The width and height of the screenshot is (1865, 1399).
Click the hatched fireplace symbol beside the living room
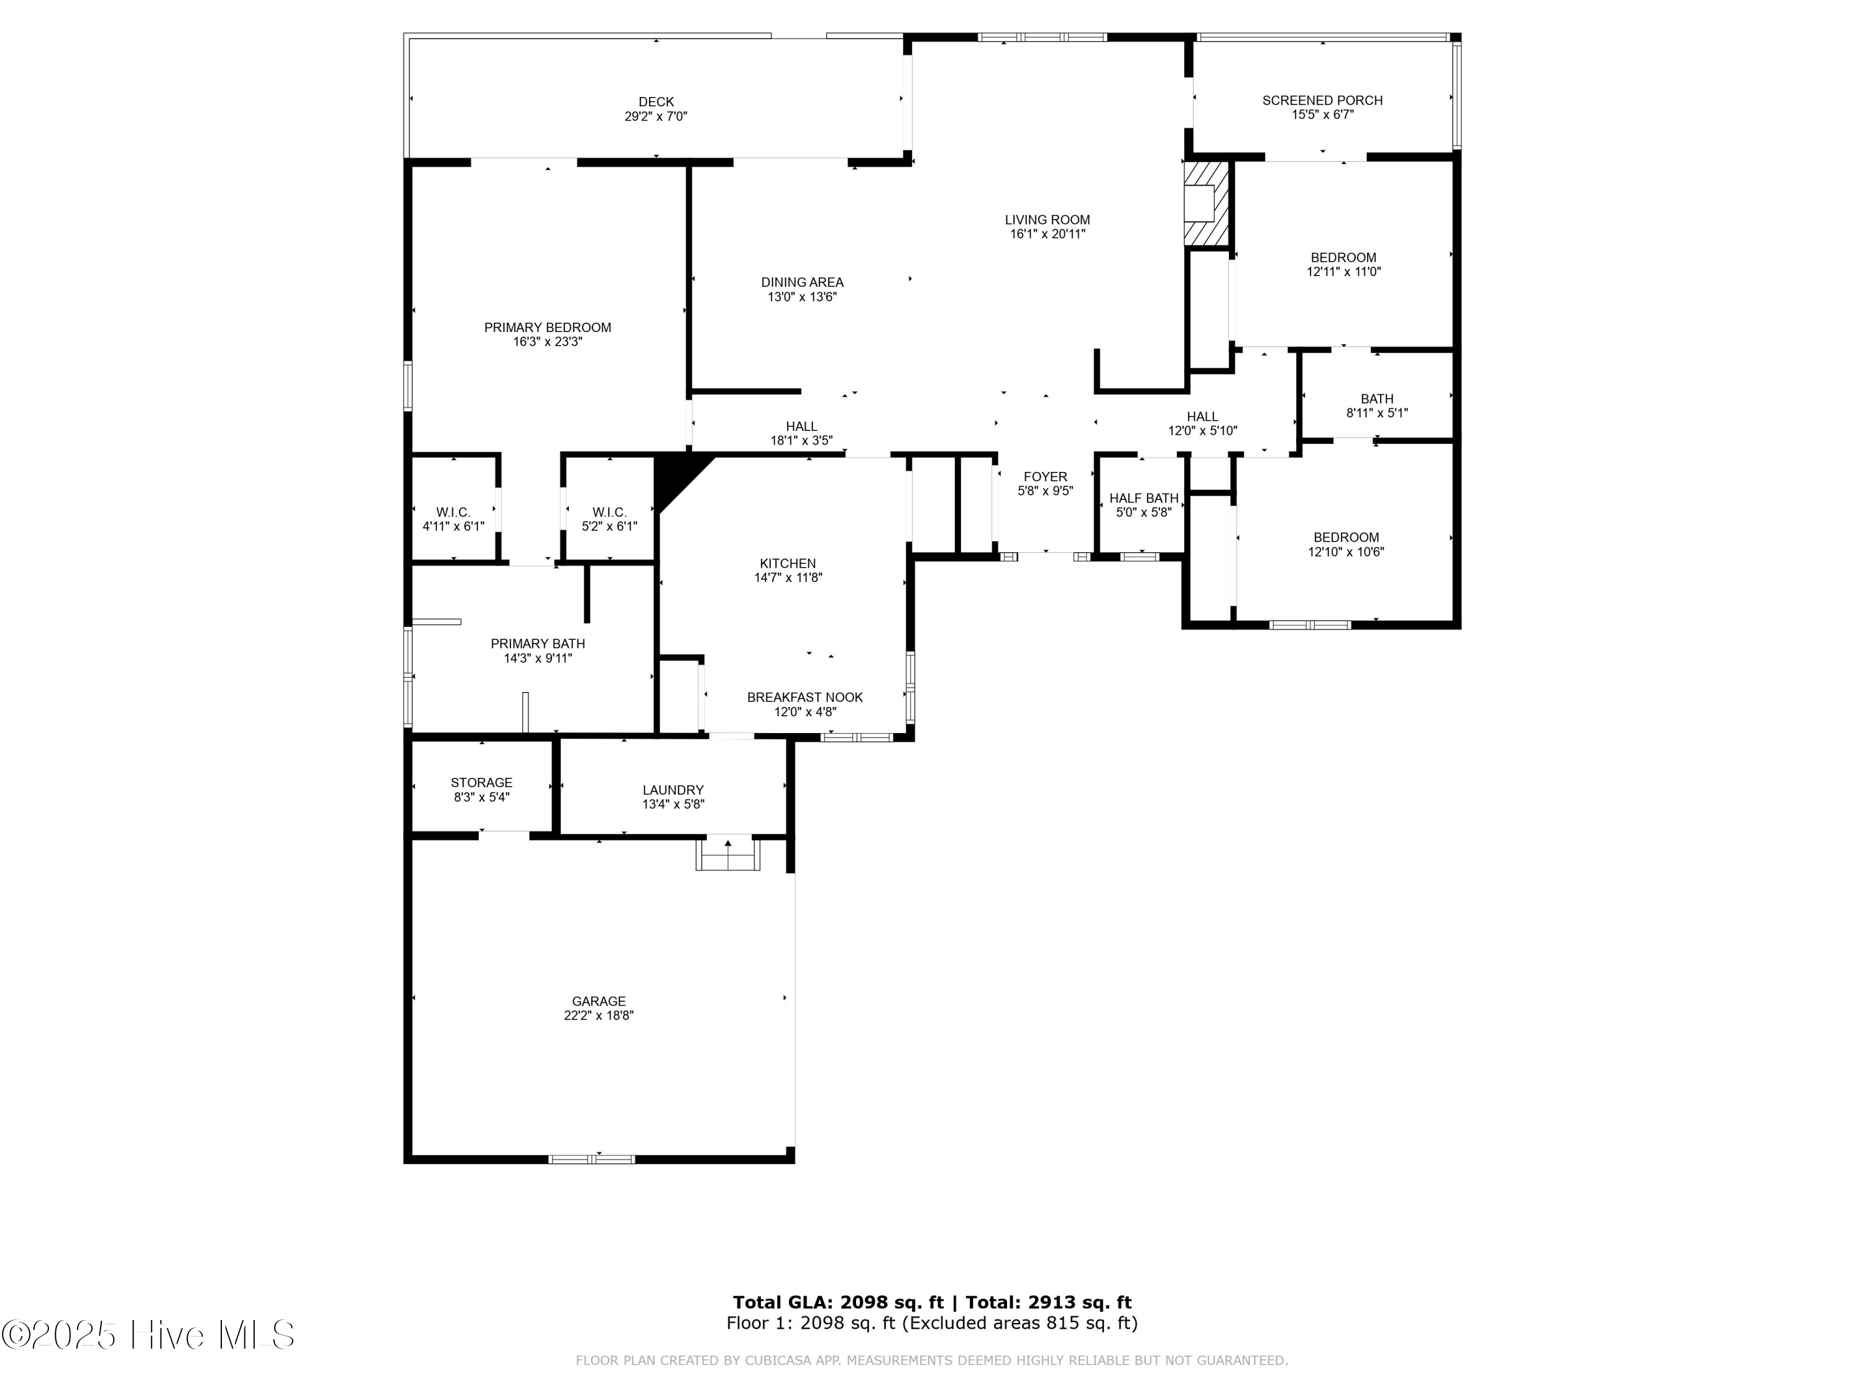1207,203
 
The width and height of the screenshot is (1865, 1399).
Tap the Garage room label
599,1001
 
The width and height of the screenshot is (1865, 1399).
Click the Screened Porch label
1322,100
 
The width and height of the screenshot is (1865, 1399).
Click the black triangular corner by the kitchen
675,476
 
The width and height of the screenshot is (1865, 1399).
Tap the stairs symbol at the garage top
727,854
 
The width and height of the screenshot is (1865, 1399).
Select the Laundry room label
673,790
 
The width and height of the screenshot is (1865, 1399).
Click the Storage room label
481,783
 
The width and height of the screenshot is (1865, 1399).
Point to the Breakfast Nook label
804,698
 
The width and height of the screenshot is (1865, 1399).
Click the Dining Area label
802,282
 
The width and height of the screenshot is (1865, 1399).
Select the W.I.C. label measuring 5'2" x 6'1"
609,512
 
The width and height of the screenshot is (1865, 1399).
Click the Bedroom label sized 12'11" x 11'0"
1343,258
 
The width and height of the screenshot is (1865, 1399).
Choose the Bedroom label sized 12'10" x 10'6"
1346,537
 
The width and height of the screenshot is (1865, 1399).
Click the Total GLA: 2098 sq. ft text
837,1303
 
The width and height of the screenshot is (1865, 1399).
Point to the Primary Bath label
537,644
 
